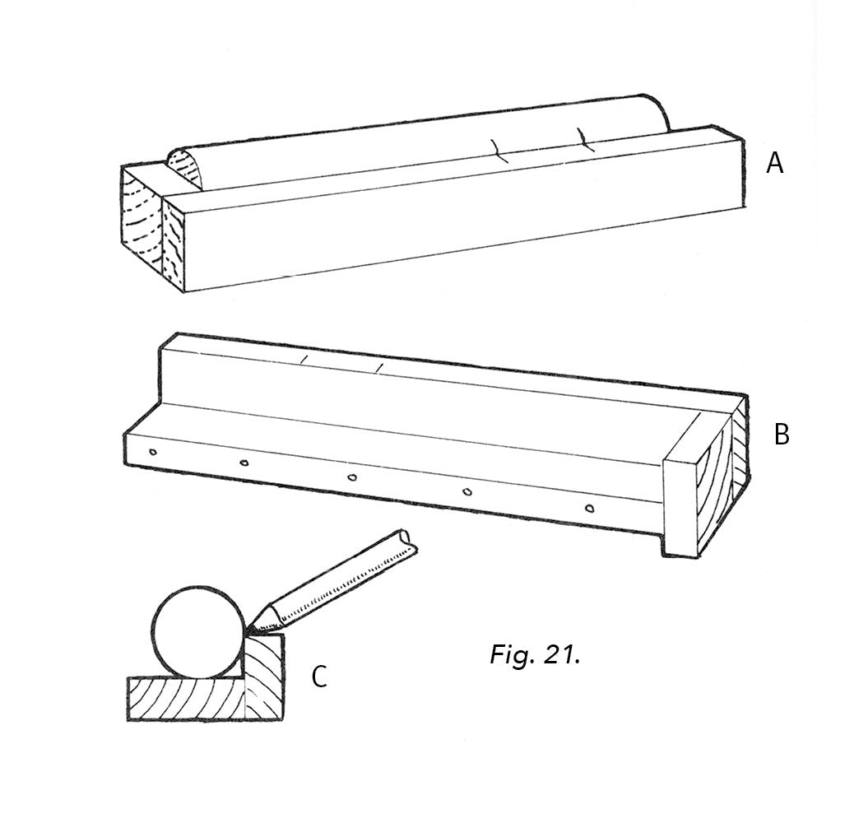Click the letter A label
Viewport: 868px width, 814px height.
click(x=774, y=163)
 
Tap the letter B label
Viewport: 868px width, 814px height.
click(x=781, y=434)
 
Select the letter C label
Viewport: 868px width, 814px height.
click(x=319, y=677)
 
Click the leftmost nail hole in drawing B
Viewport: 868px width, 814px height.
click(x=153, y=452)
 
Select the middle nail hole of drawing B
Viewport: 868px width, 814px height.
click(x=351, y=477)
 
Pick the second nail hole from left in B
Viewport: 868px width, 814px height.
click(x=244, y=464)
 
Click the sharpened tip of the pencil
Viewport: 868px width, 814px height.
click(x=248, y=631)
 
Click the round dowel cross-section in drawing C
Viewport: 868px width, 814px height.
click(x=197, y=632)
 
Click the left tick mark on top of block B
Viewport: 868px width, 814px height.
click(x=304, y=359)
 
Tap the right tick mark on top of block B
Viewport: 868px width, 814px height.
click(x=378, y=366)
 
